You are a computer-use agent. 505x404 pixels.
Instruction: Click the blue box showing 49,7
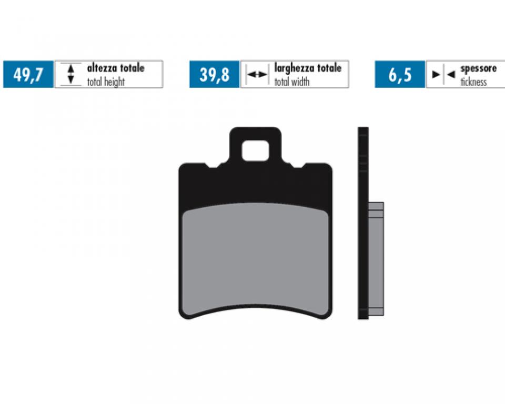coord(28,74)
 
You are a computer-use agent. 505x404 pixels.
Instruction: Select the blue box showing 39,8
coord(215,74)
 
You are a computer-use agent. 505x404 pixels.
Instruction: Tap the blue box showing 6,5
coord(400,74)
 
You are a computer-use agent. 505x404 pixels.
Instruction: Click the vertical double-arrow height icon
coord(71,74)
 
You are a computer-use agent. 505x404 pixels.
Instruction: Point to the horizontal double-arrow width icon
coord(257,74)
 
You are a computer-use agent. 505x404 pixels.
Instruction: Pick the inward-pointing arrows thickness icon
coord(443,74)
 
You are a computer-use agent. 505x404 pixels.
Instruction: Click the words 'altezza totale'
coord(116,68)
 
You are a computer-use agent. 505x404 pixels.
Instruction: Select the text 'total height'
coord(106,82)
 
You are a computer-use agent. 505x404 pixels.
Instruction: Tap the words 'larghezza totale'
coord(308,68)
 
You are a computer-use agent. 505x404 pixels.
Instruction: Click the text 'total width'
coord(292,82)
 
